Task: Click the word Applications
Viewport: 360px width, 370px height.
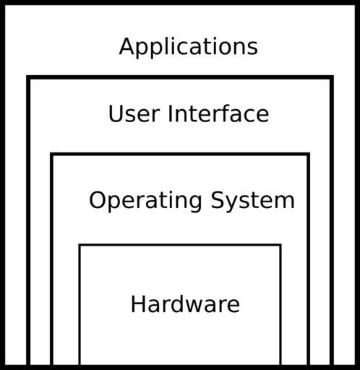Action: tap(189, 47)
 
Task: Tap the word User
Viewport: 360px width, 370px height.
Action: tap(134, 113)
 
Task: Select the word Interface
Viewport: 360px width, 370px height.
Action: tap(218, 113)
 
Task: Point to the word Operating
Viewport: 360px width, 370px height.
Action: tap(145, 201)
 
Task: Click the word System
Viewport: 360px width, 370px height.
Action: tap(253, 200)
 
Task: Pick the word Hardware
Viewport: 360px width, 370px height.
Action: tap(185, 304)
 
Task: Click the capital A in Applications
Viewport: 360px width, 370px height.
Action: tap(127, 46)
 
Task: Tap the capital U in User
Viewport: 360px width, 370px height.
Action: tap(116, 113)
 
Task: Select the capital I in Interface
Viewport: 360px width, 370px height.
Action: tap(170, 113)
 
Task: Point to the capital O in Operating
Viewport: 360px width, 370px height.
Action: tap(98, 200)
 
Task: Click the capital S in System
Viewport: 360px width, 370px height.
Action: tap(218, 200)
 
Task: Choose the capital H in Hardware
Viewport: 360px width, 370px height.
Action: tap(138, 304)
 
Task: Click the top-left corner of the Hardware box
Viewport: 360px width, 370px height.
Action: tap(80, 245)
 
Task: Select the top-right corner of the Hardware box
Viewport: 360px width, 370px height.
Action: tap(280, 245)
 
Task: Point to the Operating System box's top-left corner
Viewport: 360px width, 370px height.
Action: tap(51, 154)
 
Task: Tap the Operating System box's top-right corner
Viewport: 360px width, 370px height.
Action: tap(309, 154)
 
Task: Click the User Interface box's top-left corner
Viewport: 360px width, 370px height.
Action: tap(28, 77)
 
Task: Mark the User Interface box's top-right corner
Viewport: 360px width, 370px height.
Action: tap(332, 77)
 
